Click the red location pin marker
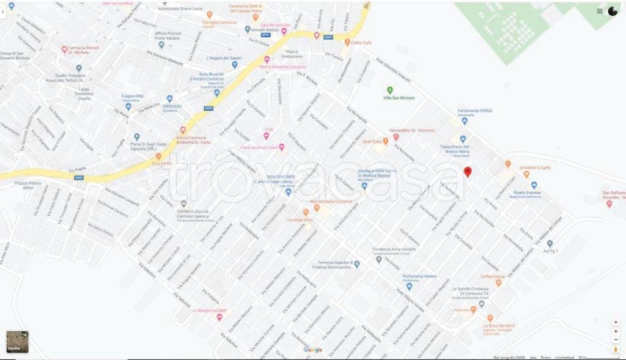tap(468, 172)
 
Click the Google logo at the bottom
tap(312, 350)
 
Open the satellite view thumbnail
tap(17, 342)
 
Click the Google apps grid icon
tap(600, 11)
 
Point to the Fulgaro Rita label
tap(131, 97)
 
